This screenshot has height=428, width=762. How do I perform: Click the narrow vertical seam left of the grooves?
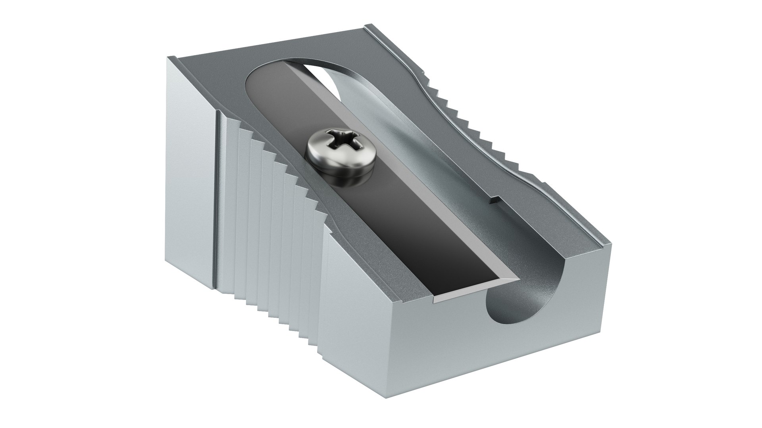(216, 198)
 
